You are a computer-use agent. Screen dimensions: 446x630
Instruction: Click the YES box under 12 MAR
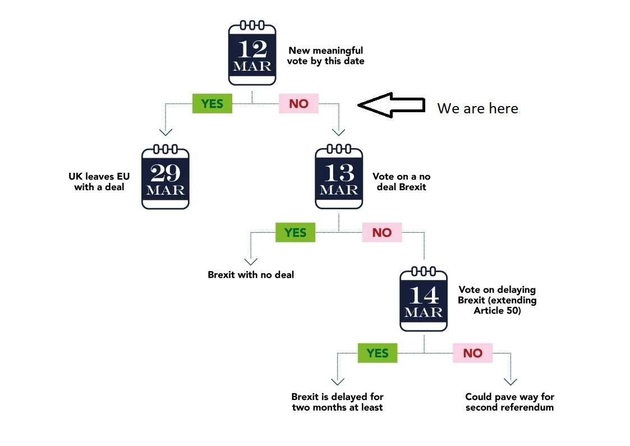coord(212,104)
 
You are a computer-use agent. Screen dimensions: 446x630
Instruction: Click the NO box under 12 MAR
coord(298,104)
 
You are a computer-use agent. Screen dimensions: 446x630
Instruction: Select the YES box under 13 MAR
coord(295,233)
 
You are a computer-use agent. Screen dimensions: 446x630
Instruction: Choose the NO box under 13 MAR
coord(381,233)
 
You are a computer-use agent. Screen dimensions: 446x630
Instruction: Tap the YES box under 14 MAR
coord(378,353)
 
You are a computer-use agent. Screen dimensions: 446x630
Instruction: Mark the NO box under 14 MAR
coord(472,353)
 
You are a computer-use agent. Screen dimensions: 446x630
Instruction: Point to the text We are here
coord(477,108)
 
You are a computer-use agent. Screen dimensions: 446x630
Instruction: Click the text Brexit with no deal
coord(251,275)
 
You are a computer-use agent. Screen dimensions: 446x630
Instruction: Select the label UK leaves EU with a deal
coord(99,182)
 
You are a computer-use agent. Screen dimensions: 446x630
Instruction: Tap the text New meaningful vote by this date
coord(326,56)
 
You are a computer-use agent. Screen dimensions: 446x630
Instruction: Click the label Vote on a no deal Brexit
coord(401,182)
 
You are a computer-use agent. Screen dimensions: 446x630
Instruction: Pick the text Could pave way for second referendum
coord(509,402)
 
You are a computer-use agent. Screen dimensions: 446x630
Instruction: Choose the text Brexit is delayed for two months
coord(337,402)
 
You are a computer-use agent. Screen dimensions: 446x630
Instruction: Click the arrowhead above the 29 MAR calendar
coord(165,132)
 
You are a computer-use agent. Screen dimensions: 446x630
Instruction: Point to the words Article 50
coord(498,311)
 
